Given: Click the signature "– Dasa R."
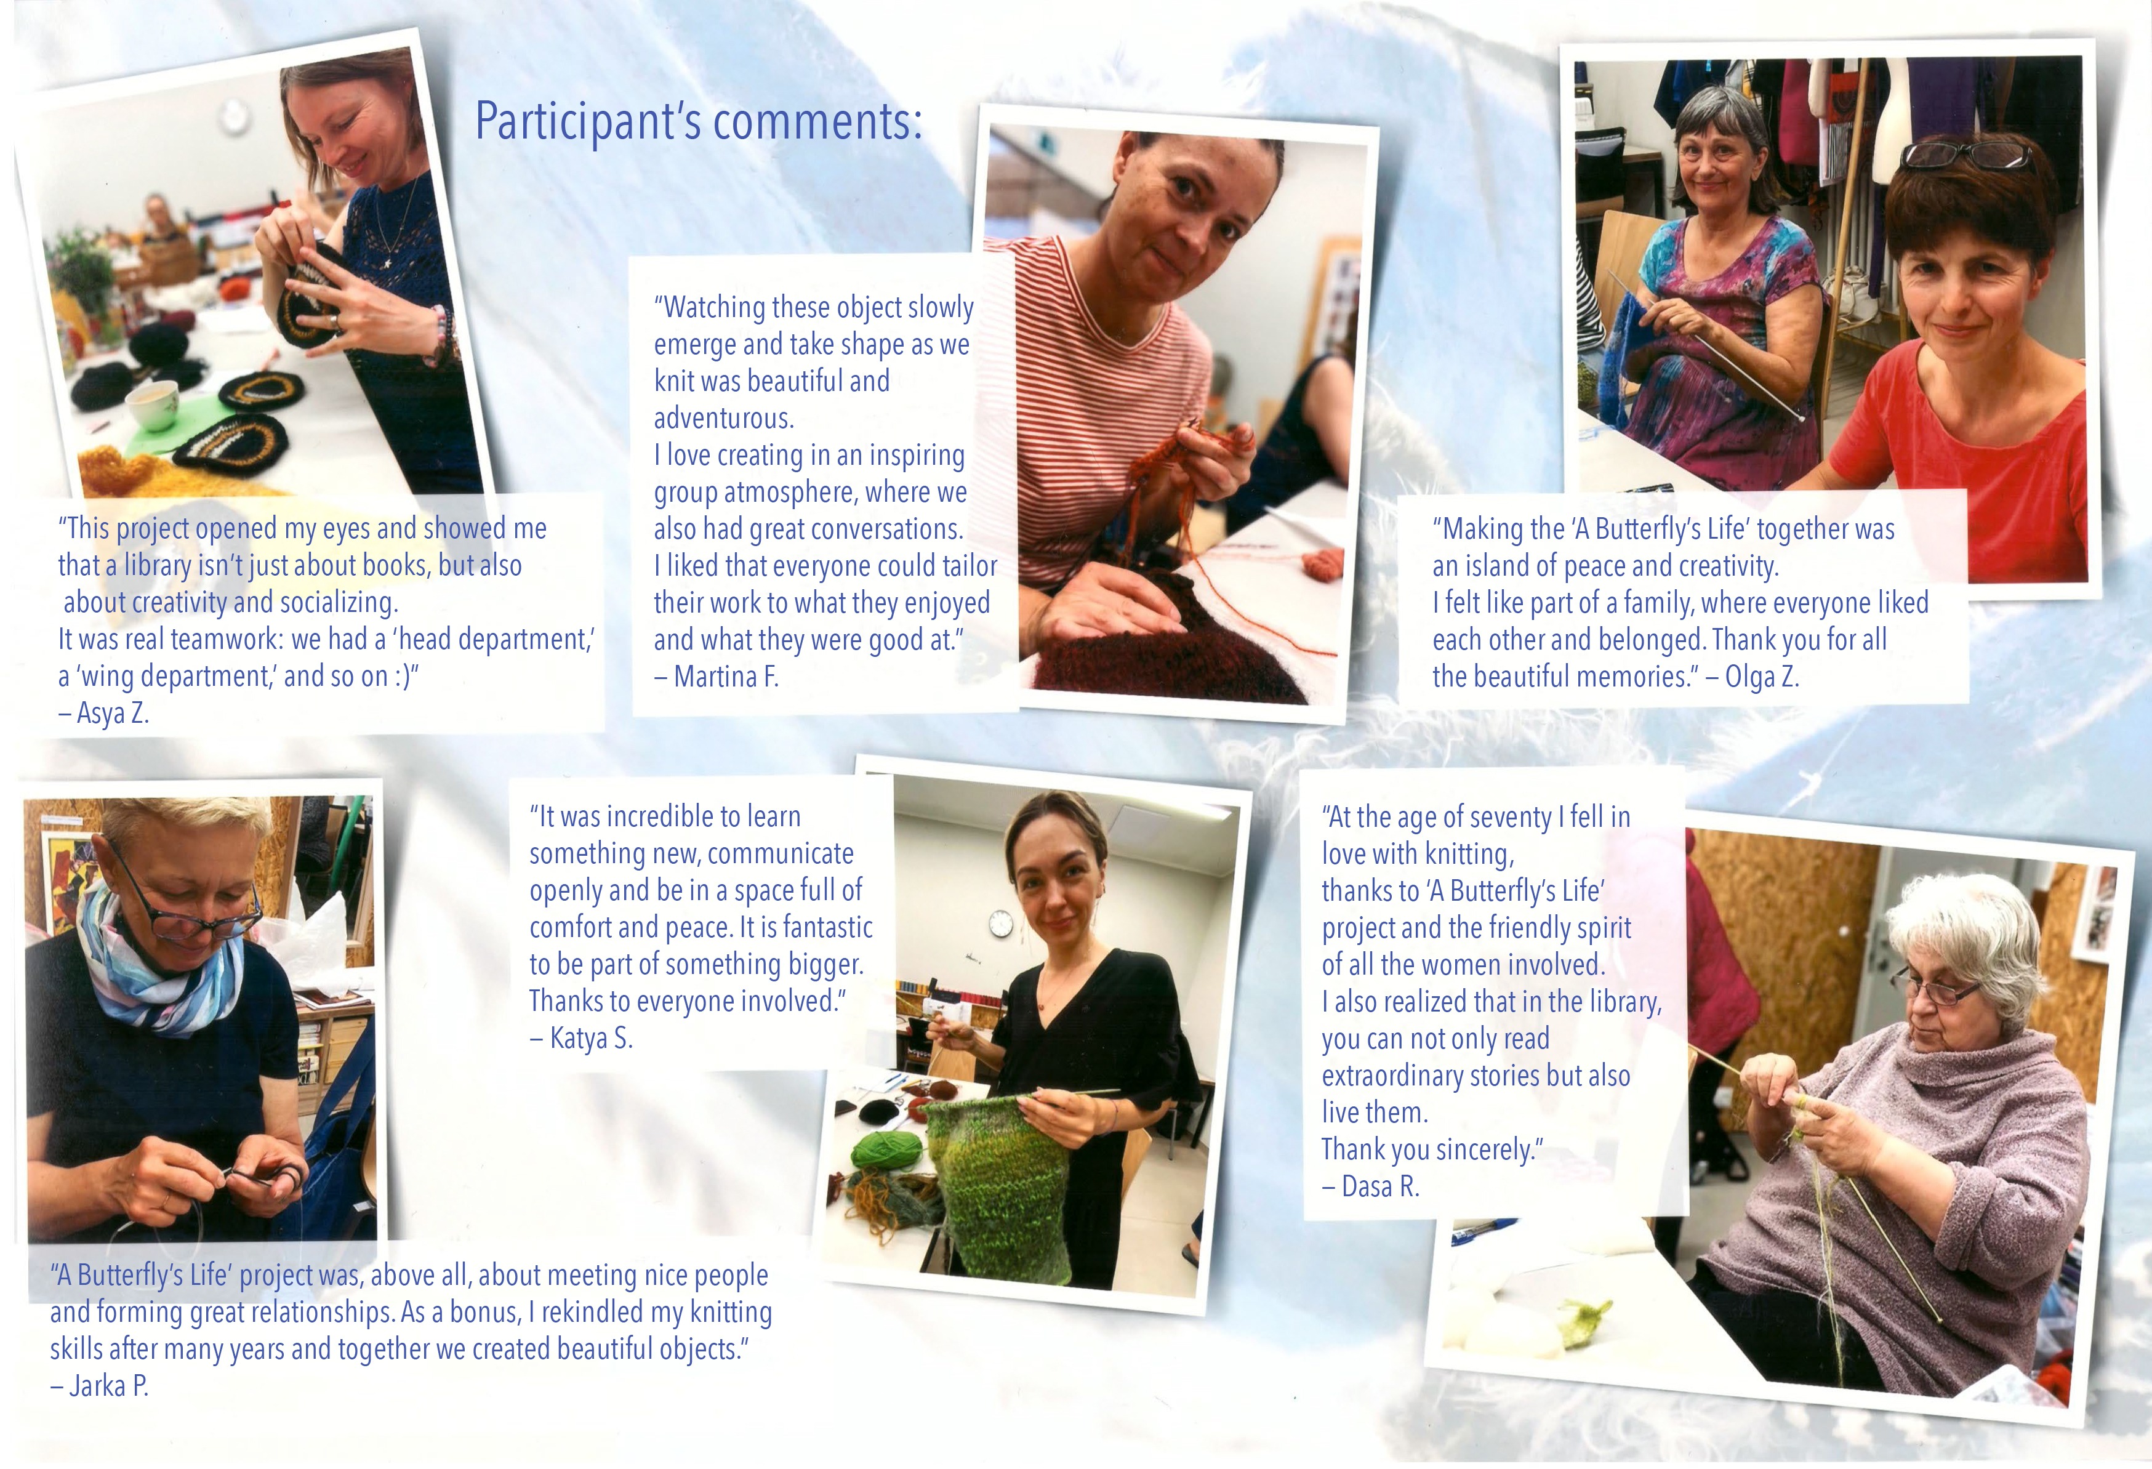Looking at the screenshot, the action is [1370, 1186].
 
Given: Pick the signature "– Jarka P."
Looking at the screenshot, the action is [99, 1386].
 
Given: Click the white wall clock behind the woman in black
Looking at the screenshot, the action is [1001, 922].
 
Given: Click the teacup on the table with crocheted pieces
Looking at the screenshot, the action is [153, 404].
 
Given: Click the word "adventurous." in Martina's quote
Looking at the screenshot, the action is [724, 419].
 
